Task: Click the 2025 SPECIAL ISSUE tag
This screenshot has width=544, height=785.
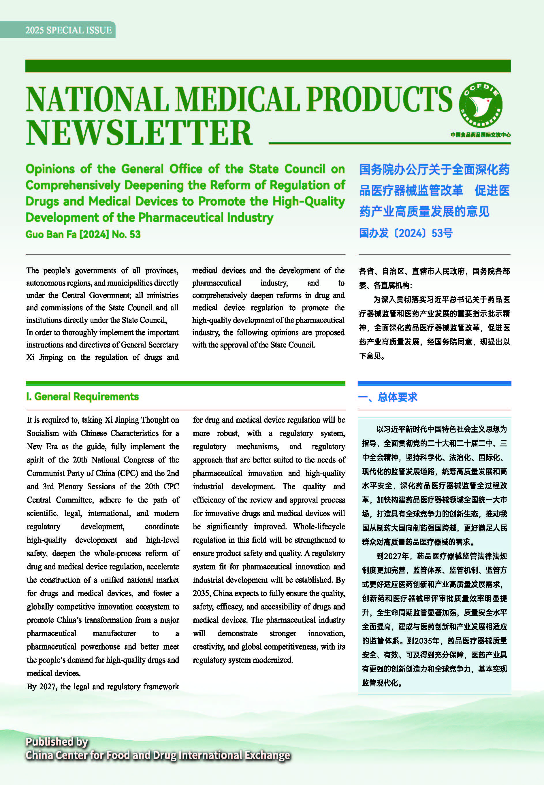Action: pos(68,30)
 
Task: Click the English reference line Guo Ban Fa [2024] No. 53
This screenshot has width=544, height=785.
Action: pos(83,234)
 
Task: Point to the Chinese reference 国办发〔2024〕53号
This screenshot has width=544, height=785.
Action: pos(406,233)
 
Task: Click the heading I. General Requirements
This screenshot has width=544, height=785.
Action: pos(82,397)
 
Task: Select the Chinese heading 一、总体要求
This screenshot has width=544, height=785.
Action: pos(387,397)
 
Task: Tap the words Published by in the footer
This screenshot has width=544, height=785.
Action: pos(57,742)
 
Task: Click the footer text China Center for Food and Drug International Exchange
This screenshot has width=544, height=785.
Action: pos(157,755)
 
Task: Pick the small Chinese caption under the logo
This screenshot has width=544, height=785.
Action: pos(480,135)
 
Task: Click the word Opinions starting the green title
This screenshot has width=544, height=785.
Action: pos(50,169)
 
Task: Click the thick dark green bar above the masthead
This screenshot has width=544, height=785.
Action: pos(268,66)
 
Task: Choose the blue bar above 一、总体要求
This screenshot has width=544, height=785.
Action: pos(434,383)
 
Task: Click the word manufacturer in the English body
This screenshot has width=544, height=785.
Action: pos(114,633)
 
